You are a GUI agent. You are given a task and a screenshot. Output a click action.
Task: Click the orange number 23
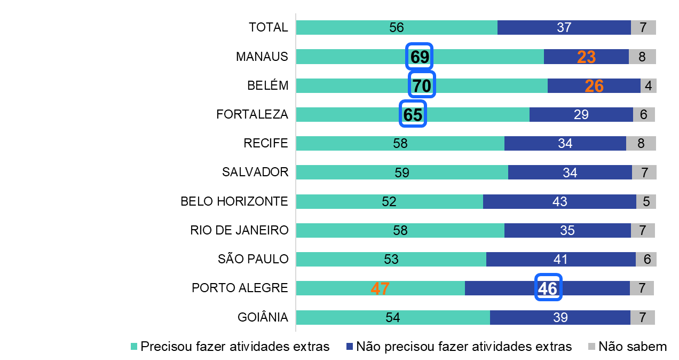click(586, 57)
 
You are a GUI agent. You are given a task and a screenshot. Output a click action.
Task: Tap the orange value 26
click(594, 86)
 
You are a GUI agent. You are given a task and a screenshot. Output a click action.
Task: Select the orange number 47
click(380, 288)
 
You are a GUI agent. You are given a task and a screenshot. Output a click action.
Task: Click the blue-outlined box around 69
click(420, 57)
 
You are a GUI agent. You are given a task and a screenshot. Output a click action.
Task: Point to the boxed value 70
click(422, 85)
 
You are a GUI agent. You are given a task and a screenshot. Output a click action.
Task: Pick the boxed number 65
click(413, 114)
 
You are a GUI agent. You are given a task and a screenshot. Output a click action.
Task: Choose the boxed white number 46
click(548, 288)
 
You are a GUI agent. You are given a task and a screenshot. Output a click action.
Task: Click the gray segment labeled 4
click(648, 86)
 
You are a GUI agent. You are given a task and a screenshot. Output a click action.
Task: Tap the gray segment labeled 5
click(646, 201)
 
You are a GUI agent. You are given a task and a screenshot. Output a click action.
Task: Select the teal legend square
click(134, 346)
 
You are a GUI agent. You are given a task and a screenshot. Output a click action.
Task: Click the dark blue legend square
click(350, 346)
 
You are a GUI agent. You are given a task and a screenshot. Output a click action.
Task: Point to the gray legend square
click(591, 346)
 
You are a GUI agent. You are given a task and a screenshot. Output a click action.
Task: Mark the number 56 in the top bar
click(397, 28)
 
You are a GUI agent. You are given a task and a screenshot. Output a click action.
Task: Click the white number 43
click(560, 201)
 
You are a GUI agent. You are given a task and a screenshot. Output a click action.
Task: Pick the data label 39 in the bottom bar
click(560, 317)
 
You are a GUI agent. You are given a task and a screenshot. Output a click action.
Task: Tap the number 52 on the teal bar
click(389, 201)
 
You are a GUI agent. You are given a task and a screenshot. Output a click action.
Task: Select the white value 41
click(561, 260)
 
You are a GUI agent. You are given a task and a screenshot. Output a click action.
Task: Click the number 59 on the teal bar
click(402, 173)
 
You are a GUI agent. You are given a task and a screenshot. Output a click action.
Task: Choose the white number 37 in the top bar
click(564, 28)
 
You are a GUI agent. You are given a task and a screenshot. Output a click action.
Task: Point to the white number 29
click(581, 115)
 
